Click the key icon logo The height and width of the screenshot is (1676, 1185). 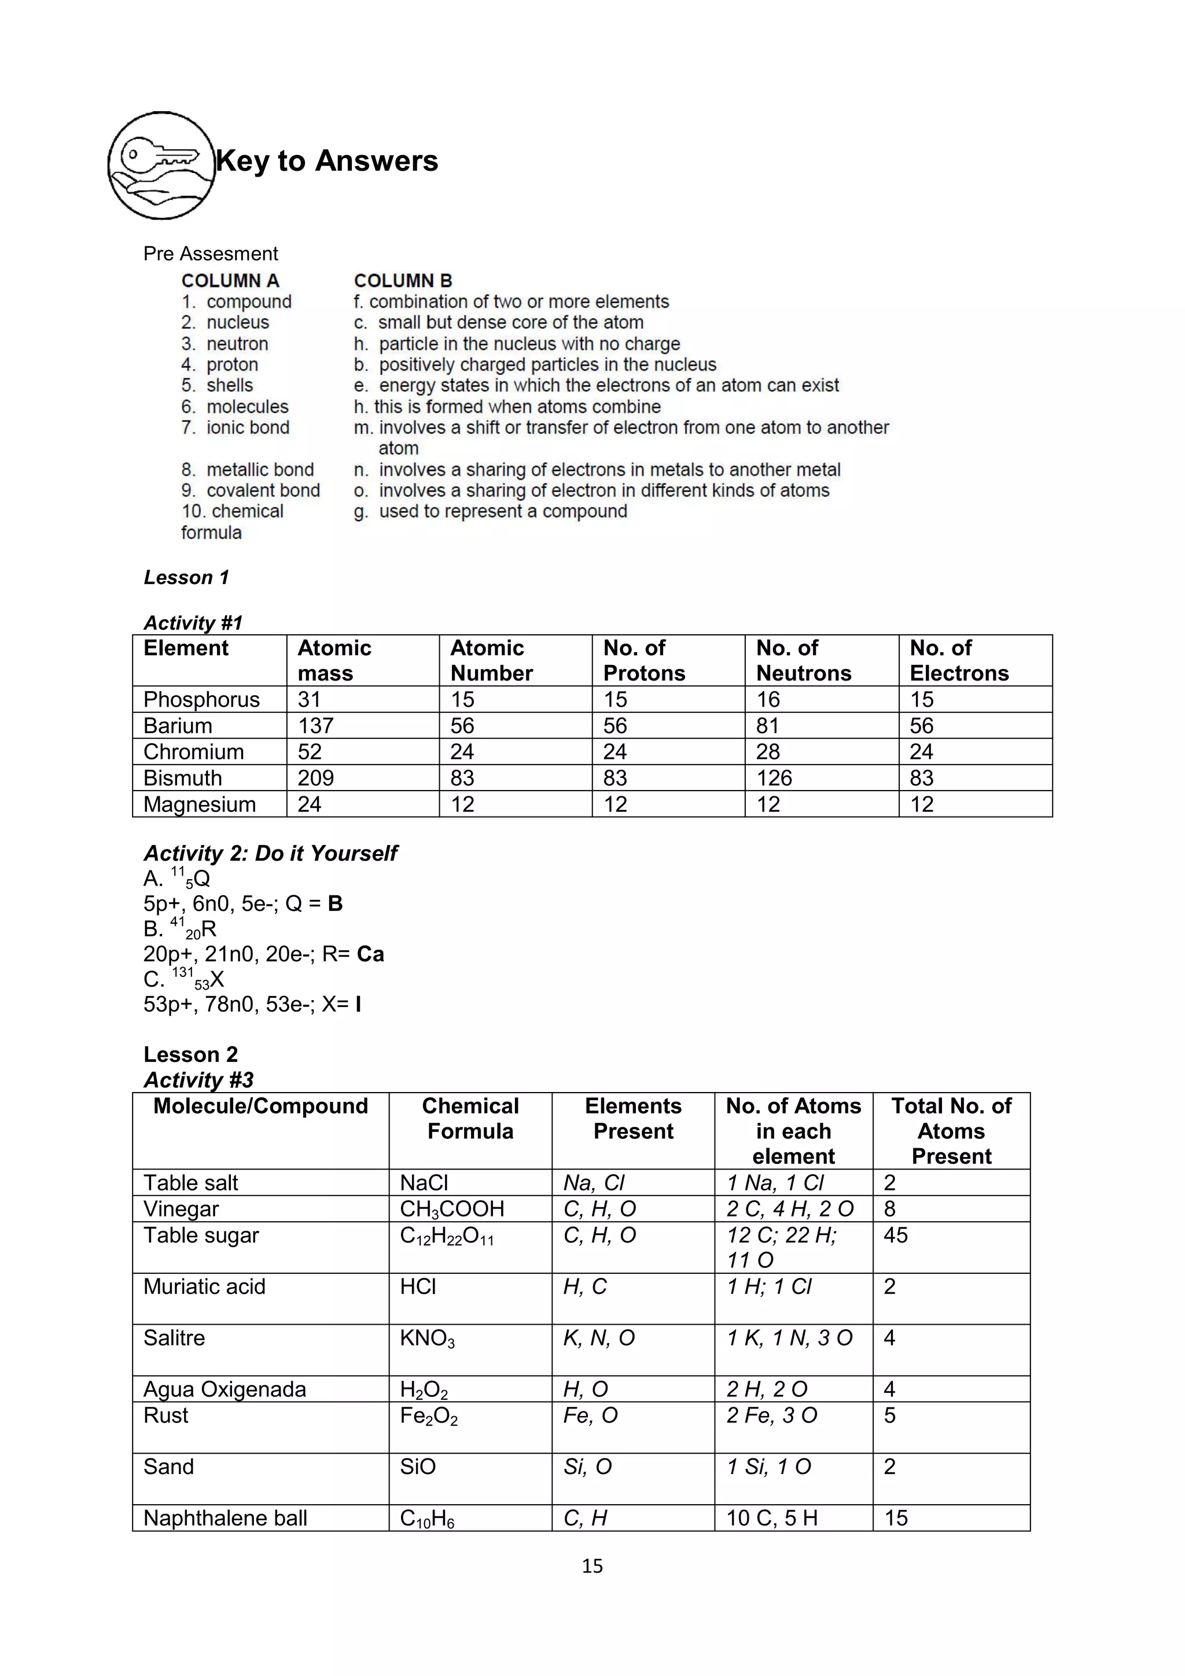point(162,165)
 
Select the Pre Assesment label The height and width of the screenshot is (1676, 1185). point(210,253)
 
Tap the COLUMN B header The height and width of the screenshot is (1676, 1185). point(403,280)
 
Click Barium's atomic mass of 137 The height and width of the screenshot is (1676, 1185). point(315,726)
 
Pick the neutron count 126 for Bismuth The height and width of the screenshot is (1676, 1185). point(774,778)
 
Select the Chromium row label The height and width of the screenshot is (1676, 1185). point(193,752)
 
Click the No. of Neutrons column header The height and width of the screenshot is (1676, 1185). point(803,660)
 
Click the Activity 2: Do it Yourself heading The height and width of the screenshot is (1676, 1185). point(270,853)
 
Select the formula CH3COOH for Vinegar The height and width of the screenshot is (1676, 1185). point(452,1210)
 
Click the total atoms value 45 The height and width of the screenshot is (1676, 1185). point(895,1235)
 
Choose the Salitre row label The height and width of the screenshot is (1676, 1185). point(174,1338)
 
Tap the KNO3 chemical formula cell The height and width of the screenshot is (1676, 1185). point(427,1339)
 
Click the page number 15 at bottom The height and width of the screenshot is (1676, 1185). point(592,1566)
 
